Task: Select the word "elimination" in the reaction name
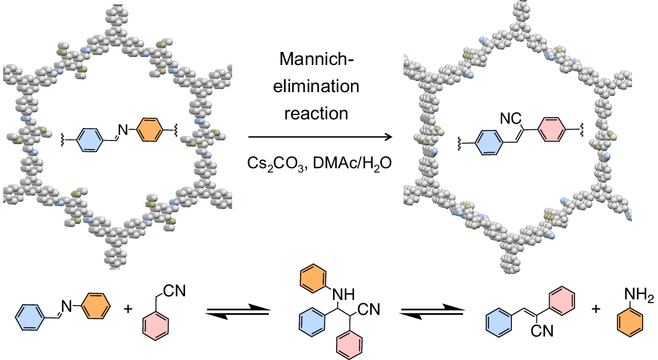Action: coord(319,86)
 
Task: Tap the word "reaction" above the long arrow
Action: coord(319,113)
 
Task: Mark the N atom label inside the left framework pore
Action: coord(121,129)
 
